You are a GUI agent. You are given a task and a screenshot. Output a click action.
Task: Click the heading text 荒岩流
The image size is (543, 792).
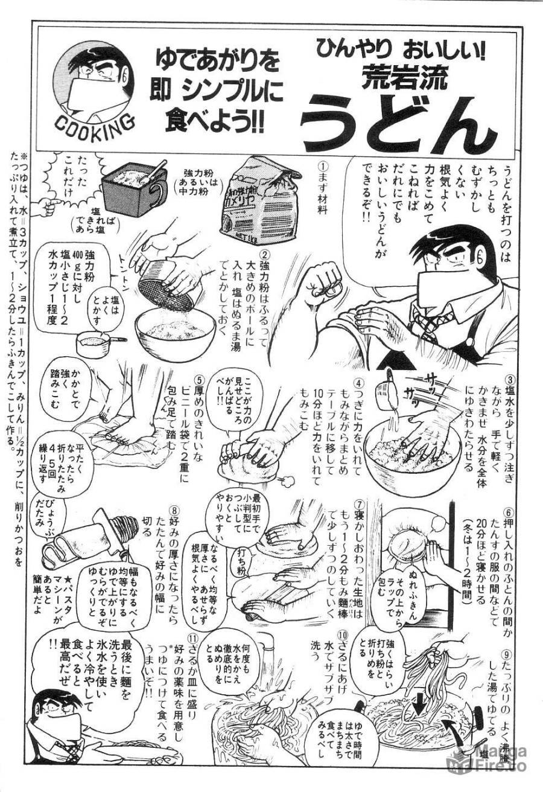point(398,76)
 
